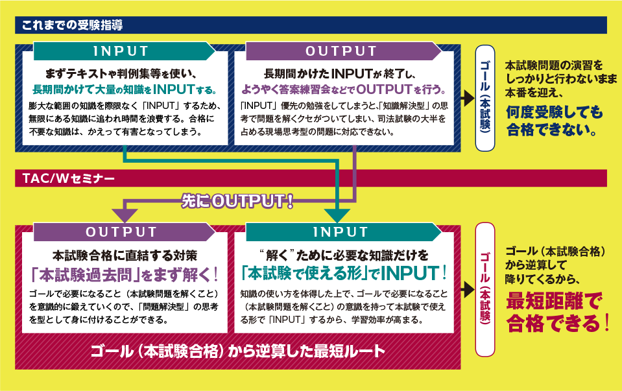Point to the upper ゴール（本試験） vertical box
[486, 98]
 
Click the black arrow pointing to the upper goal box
[467, 98]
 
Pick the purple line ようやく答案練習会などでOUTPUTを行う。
[343, 88]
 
